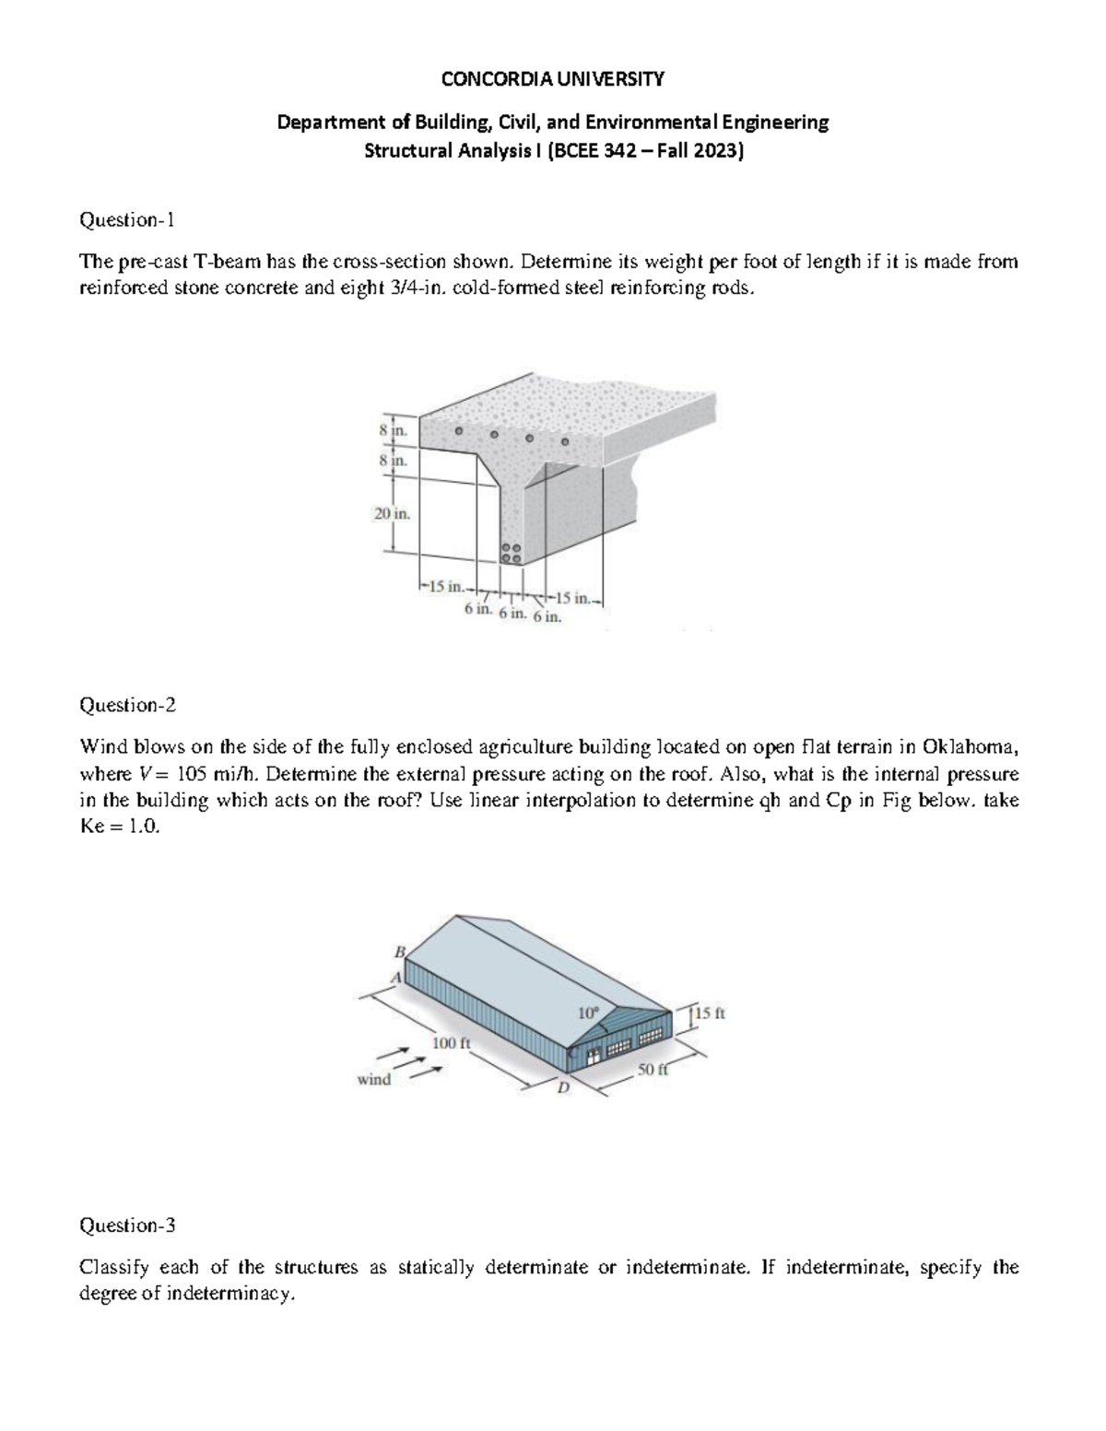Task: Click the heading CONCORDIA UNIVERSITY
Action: (552, 79)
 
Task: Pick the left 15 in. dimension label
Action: (446, 586)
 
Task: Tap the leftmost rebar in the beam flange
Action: (457, 431)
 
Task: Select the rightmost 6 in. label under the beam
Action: (547, 616)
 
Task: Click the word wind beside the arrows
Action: (373, 1079)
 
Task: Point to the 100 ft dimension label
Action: (452, 1043)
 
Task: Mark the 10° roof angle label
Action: (588, 1012)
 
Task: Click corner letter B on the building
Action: (400, 950)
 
